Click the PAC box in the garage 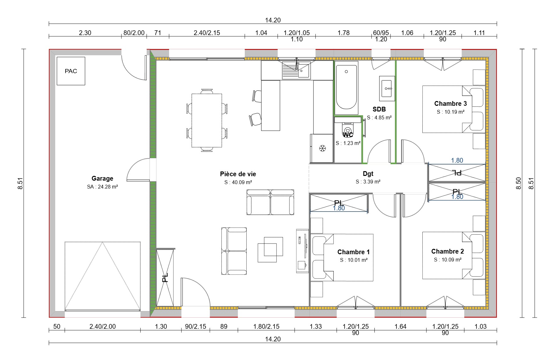point(71,71)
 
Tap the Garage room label point(102,178)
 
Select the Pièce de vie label point(238,174)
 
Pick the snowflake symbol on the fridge point(322,148)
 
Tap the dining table point(207,120)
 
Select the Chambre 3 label point(450,104)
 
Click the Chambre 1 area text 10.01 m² point(354,260)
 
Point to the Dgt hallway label point(368,174)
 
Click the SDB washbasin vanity point(387,88)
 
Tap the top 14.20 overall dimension point(273,20)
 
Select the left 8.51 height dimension point(21,183)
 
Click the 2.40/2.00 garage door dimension point(103,327)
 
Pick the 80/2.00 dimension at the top point(134,33)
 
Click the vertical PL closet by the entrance point(165,277)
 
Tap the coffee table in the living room point(270,249)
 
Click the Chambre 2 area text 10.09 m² point(448,260)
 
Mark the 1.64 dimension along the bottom point(400,327)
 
